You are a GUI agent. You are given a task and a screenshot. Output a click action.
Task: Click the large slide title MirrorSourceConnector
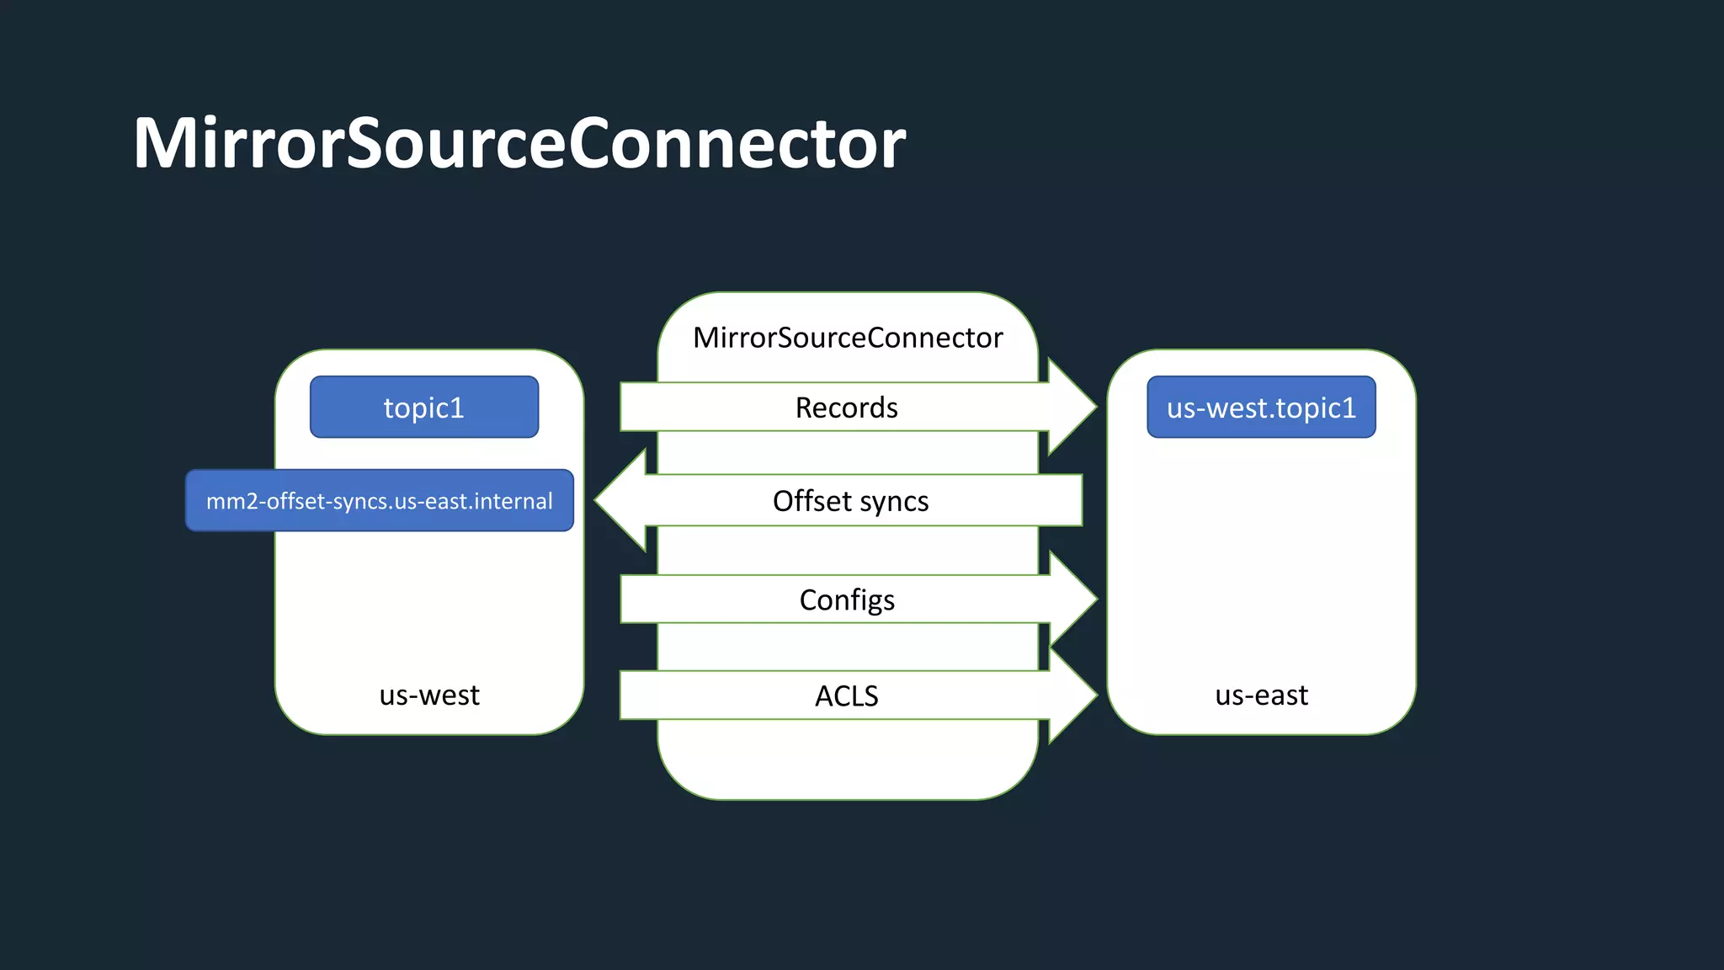pyautogui.click(x=519, y=144)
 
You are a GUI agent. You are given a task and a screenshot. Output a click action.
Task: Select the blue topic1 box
pyautogui.click(x=423, y=408)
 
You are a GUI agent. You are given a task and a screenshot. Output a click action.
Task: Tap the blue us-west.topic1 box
pyautogui.click(x=1260, y=408)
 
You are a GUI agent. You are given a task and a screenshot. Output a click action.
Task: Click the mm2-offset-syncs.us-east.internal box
pyautogui.click(x=379, y=501)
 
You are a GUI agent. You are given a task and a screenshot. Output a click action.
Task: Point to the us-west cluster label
pyautogui.click(x=428, y=696)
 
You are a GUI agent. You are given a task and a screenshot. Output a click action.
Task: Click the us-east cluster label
pyautogui.click(x=1260, y=696)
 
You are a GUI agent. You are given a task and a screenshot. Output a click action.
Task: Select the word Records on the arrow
pyautogui.click(x=846, y=408)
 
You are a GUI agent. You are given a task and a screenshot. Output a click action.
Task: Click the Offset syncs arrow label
pyautogui.click(x=850, y=501)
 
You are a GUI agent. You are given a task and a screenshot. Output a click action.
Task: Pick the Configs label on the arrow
pyautogui.click(x=846, y=600)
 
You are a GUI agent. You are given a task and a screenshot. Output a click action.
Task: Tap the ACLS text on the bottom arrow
pyautogui.click(x=846, y=696)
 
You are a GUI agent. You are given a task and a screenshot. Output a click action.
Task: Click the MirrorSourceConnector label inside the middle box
pyautogui.click(x=847, y=338)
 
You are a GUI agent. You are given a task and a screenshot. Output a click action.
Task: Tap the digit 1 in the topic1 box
pyautogui.click(x=457, y=408)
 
